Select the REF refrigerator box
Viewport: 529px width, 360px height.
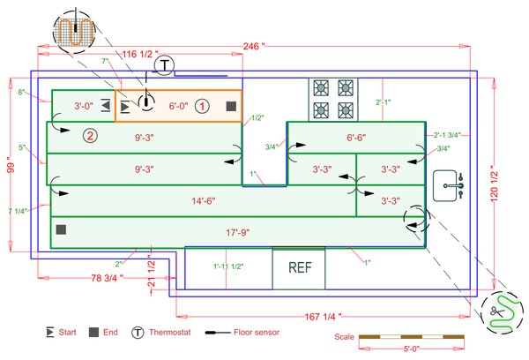pyautogui.click(x=297, y=267)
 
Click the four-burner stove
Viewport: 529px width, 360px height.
pyautogui.click(x=332, y=99)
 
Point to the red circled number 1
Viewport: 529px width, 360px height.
pyautogui.click(x=202, y=106)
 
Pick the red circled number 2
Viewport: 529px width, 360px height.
pyautogui.click(x=88, y=136)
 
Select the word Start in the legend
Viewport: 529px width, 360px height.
pyautogui.click(x=67, y=332)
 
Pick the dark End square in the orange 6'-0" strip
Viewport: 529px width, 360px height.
pyautogui.click(x=231, y=106)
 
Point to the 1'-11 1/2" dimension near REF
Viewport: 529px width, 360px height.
pyautogui.click(x=227, y=266)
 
